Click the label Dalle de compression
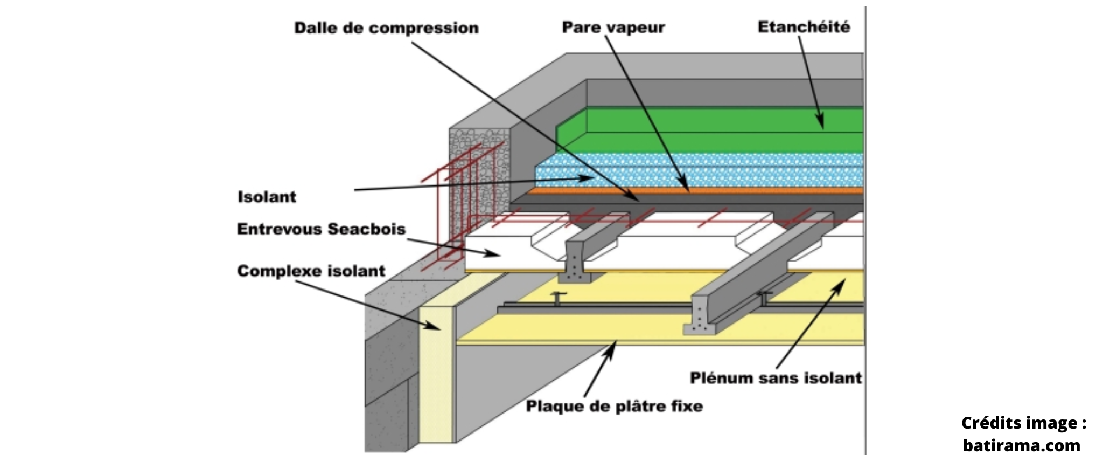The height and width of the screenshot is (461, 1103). pos(386,28)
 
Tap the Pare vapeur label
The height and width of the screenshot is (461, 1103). pos(613,27)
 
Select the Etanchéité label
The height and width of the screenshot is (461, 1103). pos(804,27)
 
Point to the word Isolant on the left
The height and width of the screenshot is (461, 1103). pos(267,197)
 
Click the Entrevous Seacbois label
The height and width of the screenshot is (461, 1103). pos(321,229)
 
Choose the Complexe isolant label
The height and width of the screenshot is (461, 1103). pos(311,271)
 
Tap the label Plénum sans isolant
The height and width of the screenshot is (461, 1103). pos(776,378)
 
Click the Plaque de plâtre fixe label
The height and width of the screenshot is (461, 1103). pos(615,405)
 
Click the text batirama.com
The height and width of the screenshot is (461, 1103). pos(1021,445)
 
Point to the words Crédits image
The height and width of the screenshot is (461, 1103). pos(1023,423)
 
